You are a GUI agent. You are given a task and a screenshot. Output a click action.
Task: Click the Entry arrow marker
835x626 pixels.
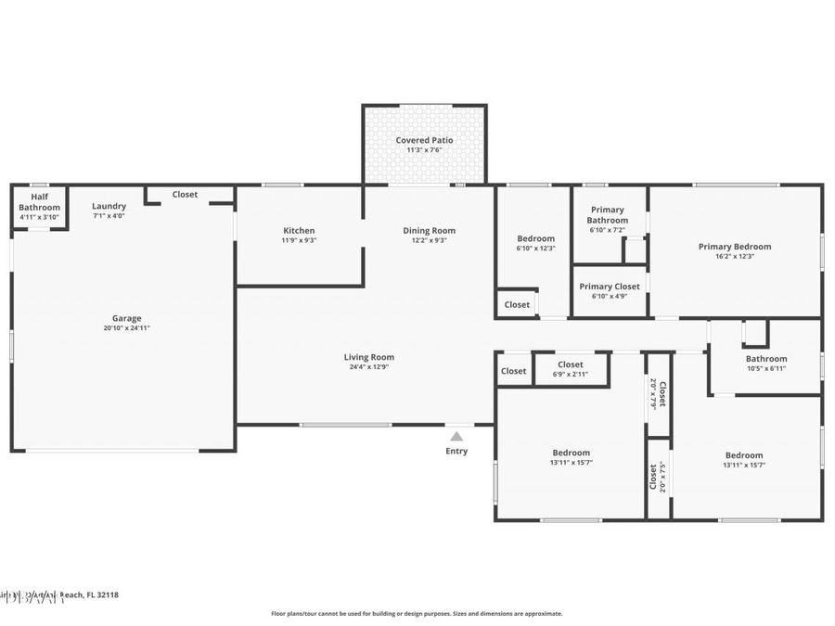[x=456, y=436]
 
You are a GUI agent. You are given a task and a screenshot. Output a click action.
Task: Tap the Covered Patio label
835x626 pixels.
[x=424, y=140]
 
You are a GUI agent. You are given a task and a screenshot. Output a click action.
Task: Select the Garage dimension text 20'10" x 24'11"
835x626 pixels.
[x=127, y=328]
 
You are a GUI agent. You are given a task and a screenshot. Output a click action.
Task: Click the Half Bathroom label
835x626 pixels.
[x=39, y=201]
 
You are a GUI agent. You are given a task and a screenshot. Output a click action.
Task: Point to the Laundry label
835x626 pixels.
[x=109, y=206]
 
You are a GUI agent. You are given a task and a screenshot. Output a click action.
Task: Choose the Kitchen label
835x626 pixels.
[x=299, y=230]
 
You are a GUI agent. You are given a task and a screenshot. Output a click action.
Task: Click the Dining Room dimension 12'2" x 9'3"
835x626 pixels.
[x=429, y=240]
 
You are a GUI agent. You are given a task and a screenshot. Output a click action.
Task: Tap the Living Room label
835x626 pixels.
[x=369, y=356]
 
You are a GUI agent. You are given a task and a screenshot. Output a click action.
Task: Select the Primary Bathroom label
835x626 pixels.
[x=608, y=215]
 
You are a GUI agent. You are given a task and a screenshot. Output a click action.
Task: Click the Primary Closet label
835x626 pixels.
[x=610, y=287]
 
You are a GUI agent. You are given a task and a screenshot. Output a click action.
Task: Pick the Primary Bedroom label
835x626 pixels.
[x=735, y=247]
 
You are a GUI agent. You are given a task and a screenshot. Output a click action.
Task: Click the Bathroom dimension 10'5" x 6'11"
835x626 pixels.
[x=766, y=368]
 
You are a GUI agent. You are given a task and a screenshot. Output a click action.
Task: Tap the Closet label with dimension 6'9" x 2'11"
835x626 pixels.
[x=571, y=364]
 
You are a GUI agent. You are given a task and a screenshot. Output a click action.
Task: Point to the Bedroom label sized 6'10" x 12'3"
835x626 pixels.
[x=535, y=238]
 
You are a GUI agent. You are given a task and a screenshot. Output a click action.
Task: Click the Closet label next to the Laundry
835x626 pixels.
[x=185, y=195]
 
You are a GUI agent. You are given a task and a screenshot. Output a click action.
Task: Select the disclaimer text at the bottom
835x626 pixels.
[x=417, y=613]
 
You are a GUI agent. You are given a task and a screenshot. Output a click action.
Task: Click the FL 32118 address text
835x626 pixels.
[x=102, y=594]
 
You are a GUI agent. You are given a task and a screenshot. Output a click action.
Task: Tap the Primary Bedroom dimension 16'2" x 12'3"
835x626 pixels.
[x=735, y=256]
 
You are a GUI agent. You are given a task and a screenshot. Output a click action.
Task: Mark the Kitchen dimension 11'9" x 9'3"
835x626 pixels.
[x=299, y=240]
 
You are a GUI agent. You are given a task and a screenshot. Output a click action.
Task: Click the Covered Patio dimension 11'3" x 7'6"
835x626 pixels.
[x=424, y=149]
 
